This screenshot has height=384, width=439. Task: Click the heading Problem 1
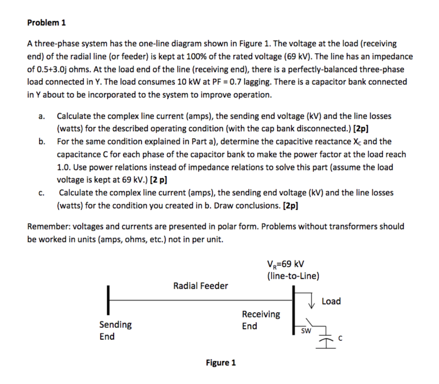pos(46,23)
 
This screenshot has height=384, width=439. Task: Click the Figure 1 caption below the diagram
pos(220,363)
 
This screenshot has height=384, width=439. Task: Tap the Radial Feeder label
pos(201,286)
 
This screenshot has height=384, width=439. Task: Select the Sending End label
pos(115,330)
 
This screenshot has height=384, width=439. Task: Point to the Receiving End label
pos(261,320)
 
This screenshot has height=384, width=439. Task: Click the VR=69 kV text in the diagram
pos(285,264)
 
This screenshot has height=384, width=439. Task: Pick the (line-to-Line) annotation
pos(293,276)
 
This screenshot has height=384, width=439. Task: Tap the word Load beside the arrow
pos(331,301)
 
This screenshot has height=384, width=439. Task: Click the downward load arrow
pos(312,303)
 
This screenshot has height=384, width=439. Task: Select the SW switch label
pos(305,331)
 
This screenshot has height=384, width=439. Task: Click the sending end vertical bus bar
pos(109,300)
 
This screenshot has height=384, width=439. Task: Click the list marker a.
pos(41,116)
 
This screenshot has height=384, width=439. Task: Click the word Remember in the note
pos(48,226)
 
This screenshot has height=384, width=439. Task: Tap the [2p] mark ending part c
pos(291,206)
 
